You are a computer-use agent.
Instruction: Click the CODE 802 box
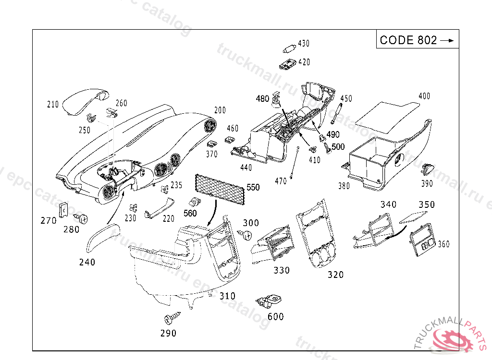click(x=417, y=40)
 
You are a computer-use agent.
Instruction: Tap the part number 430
click(x=304, y=43)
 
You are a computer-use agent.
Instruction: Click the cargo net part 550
click(x=220, y=188)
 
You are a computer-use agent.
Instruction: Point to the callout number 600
click(x=275, y=317)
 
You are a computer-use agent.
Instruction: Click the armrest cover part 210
click(x=85, y=101)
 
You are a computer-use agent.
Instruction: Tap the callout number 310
click(x=227, y=296)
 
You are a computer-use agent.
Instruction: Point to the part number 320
click(x=335, y=275)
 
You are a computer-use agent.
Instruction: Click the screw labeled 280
click(x=83, y=219)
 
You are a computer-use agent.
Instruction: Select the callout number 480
click(x=262, y=98)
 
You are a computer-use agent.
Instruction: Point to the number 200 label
click(x=220, y=110)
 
